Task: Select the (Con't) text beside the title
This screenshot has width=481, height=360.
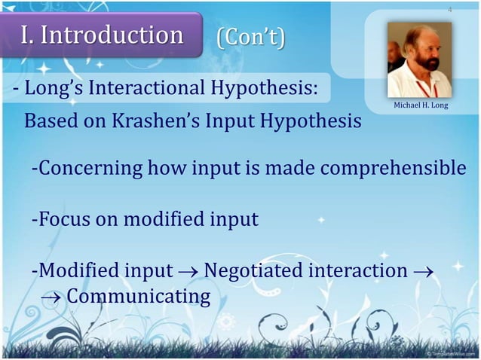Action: pos(251,37)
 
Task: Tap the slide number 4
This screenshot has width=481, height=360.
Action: pos(450,10)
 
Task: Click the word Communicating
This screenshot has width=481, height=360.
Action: pos(139,297)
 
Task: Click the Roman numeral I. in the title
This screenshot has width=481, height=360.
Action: pos(29,35)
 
